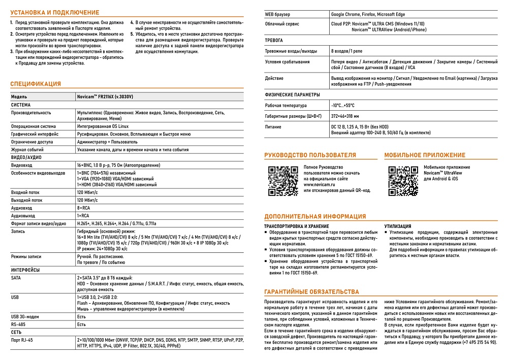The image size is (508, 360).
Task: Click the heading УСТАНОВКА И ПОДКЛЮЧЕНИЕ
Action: [55, 12]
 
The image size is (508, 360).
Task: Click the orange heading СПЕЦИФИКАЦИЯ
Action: [36, 84]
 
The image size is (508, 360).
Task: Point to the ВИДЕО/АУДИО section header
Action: [26, 157]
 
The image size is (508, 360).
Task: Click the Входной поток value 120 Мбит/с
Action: [87, 192]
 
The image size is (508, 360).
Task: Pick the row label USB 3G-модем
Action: [25, 316]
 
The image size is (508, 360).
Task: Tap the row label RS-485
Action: [18, 324]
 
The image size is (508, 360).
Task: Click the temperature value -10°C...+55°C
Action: [343, 106]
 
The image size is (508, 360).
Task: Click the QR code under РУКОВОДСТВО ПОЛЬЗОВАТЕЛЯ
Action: [283, 181]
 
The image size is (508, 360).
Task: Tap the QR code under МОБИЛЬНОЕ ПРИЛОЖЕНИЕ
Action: [403, 181]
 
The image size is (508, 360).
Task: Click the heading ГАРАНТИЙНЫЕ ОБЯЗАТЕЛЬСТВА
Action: [311, 292]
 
